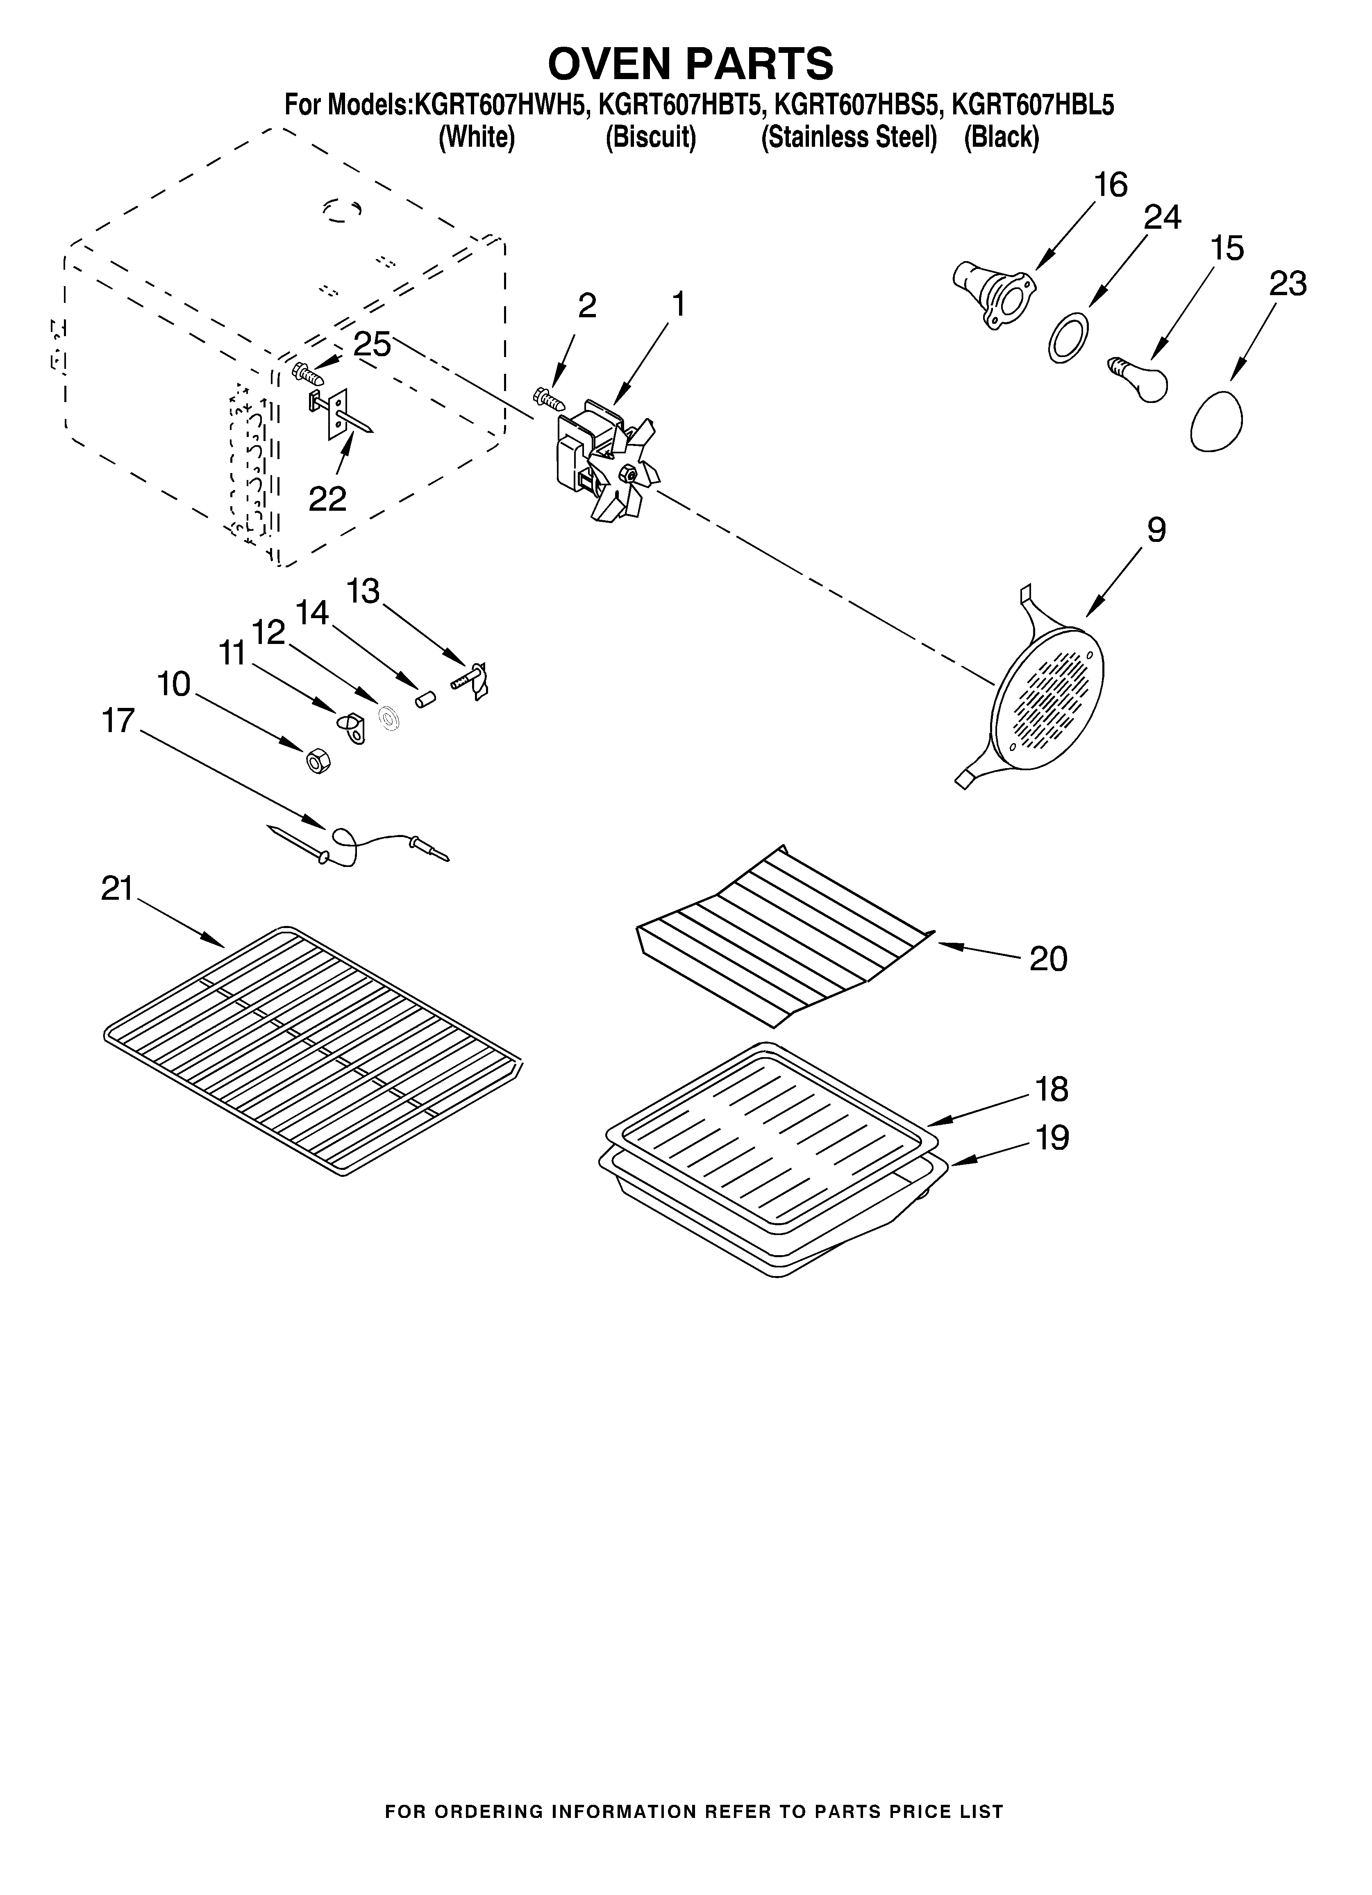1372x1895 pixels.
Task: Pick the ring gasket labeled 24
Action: tap(1069, 337)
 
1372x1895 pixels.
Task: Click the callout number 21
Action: tap(118, 888)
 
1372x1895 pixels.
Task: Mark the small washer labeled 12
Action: tap(387, 718)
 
